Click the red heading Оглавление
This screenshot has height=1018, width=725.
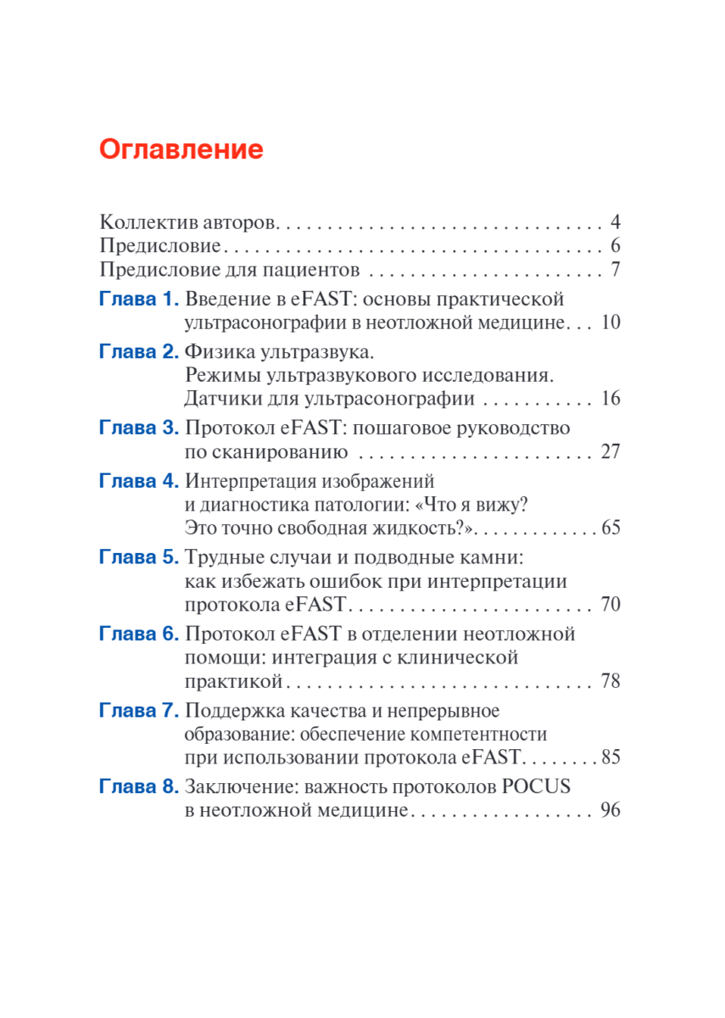[181, 150]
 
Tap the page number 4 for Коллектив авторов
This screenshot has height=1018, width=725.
[616, 223]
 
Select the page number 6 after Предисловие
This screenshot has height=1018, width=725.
[616, 247]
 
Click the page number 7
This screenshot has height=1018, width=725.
[616, 271]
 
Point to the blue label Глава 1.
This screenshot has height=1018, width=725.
[139, 299]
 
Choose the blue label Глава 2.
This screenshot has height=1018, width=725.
[139, 351]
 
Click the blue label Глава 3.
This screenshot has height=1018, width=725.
[139, 428]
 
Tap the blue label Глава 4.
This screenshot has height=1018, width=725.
[139, 480]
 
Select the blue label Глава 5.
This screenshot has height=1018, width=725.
[139, 557]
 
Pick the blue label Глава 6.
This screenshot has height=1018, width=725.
[139, 634]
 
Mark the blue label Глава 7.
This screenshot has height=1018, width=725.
[139, 710]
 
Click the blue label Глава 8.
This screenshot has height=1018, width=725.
[139, 786]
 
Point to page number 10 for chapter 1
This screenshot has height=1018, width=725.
[611, 323]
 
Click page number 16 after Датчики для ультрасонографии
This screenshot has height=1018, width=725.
[611, 400]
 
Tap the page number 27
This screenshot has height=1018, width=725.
[611, 451]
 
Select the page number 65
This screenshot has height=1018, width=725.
[611, 528]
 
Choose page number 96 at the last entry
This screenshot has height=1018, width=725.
[611, 810]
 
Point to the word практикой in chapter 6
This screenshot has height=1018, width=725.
[233, 681]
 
